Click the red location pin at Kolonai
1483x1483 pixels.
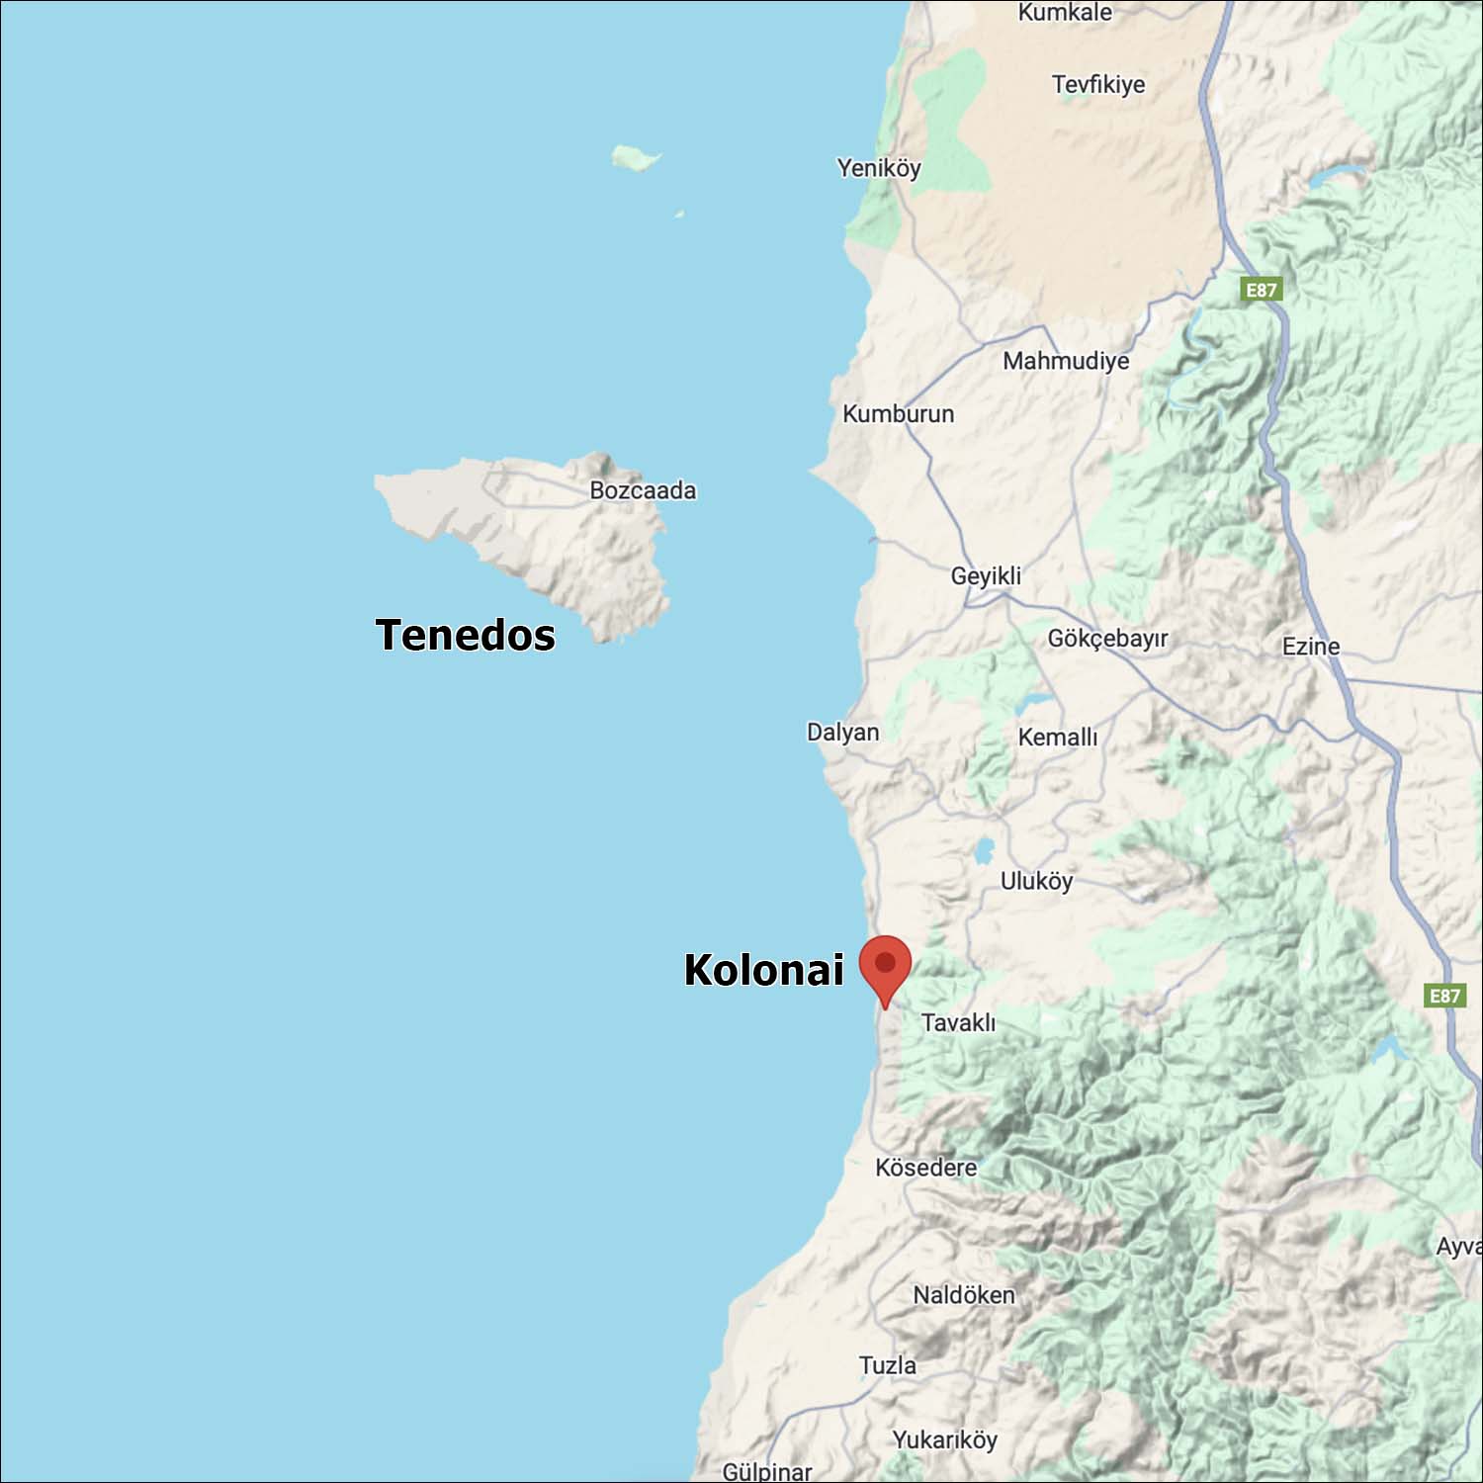click(x=885, y=964)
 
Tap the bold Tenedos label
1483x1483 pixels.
click(x=465, y=635)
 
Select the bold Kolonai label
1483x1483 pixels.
click(x=763, y=970)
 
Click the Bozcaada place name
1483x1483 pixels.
click(x=643, y=490)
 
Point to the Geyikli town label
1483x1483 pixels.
click(x=986, y=575)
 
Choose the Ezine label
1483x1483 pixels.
click(x=1311, y=647)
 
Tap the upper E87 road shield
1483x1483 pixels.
click(x=1261, y=290)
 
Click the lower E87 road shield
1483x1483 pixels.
click(x=1444, y=996)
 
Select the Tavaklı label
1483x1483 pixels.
click(x=958, y=1022)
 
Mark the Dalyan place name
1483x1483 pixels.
click(x=842, y=733)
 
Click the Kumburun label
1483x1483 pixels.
click(x=898, y=414)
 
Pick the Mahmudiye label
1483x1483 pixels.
click(x=1066, y=361)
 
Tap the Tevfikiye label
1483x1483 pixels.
click(x=1098, y=85)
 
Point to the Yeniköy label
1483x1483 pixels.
click(x=879, y=168)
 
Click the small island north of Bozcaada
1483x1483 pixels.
click(x=634, y=157)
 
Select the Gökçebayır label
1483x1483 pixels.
click(x=1107, y=639)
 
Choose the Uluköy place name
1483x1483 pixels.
click(x=1036, y=881)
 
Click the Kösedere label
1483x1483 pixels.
click(x=925, y=1168)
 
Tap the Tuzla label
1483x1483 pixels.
click(x=887, y=1365)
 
